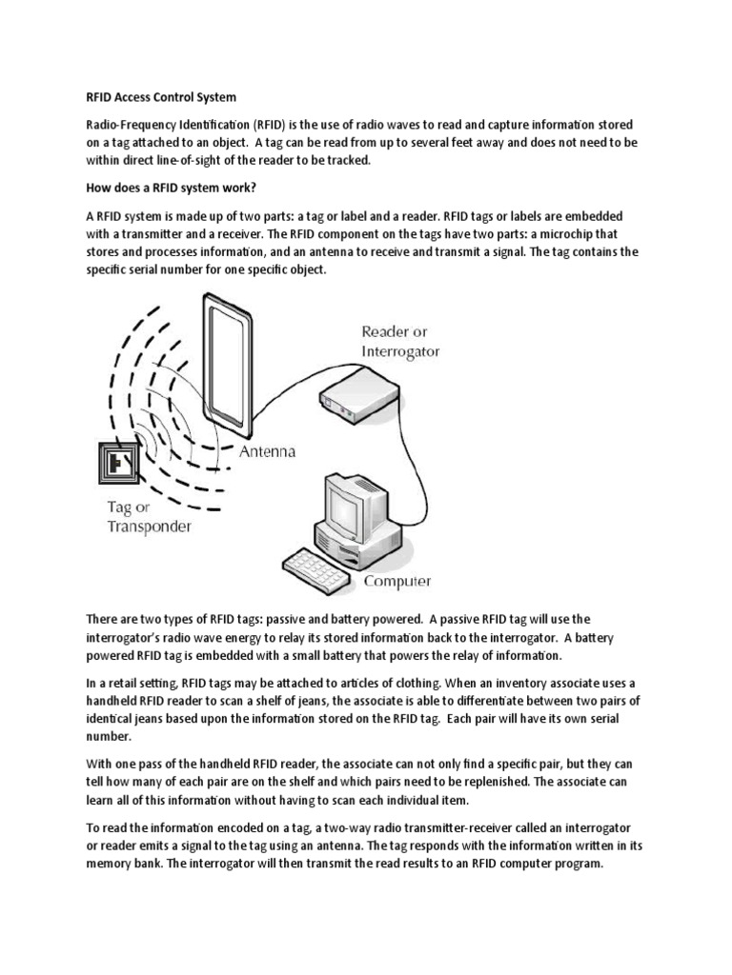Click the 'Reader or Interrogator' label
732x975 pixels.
click(x=400, y=341)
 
